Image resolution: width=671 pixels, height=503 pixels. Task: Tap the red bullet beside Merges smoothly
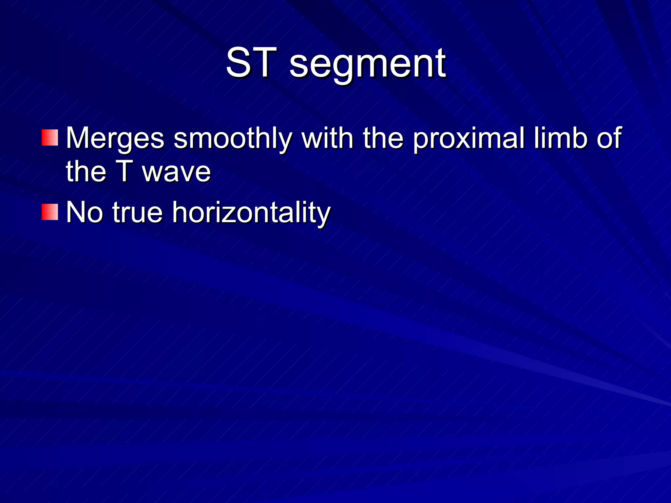tap(50, 138)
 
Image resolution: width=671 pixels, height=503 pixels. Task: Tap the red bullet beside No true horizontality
tap(50, 212)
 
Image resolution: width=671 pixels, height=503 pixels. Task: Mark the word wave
tap(177, 174)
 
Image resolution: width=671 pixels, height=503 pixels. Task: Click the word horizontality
tap(251, 214)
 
